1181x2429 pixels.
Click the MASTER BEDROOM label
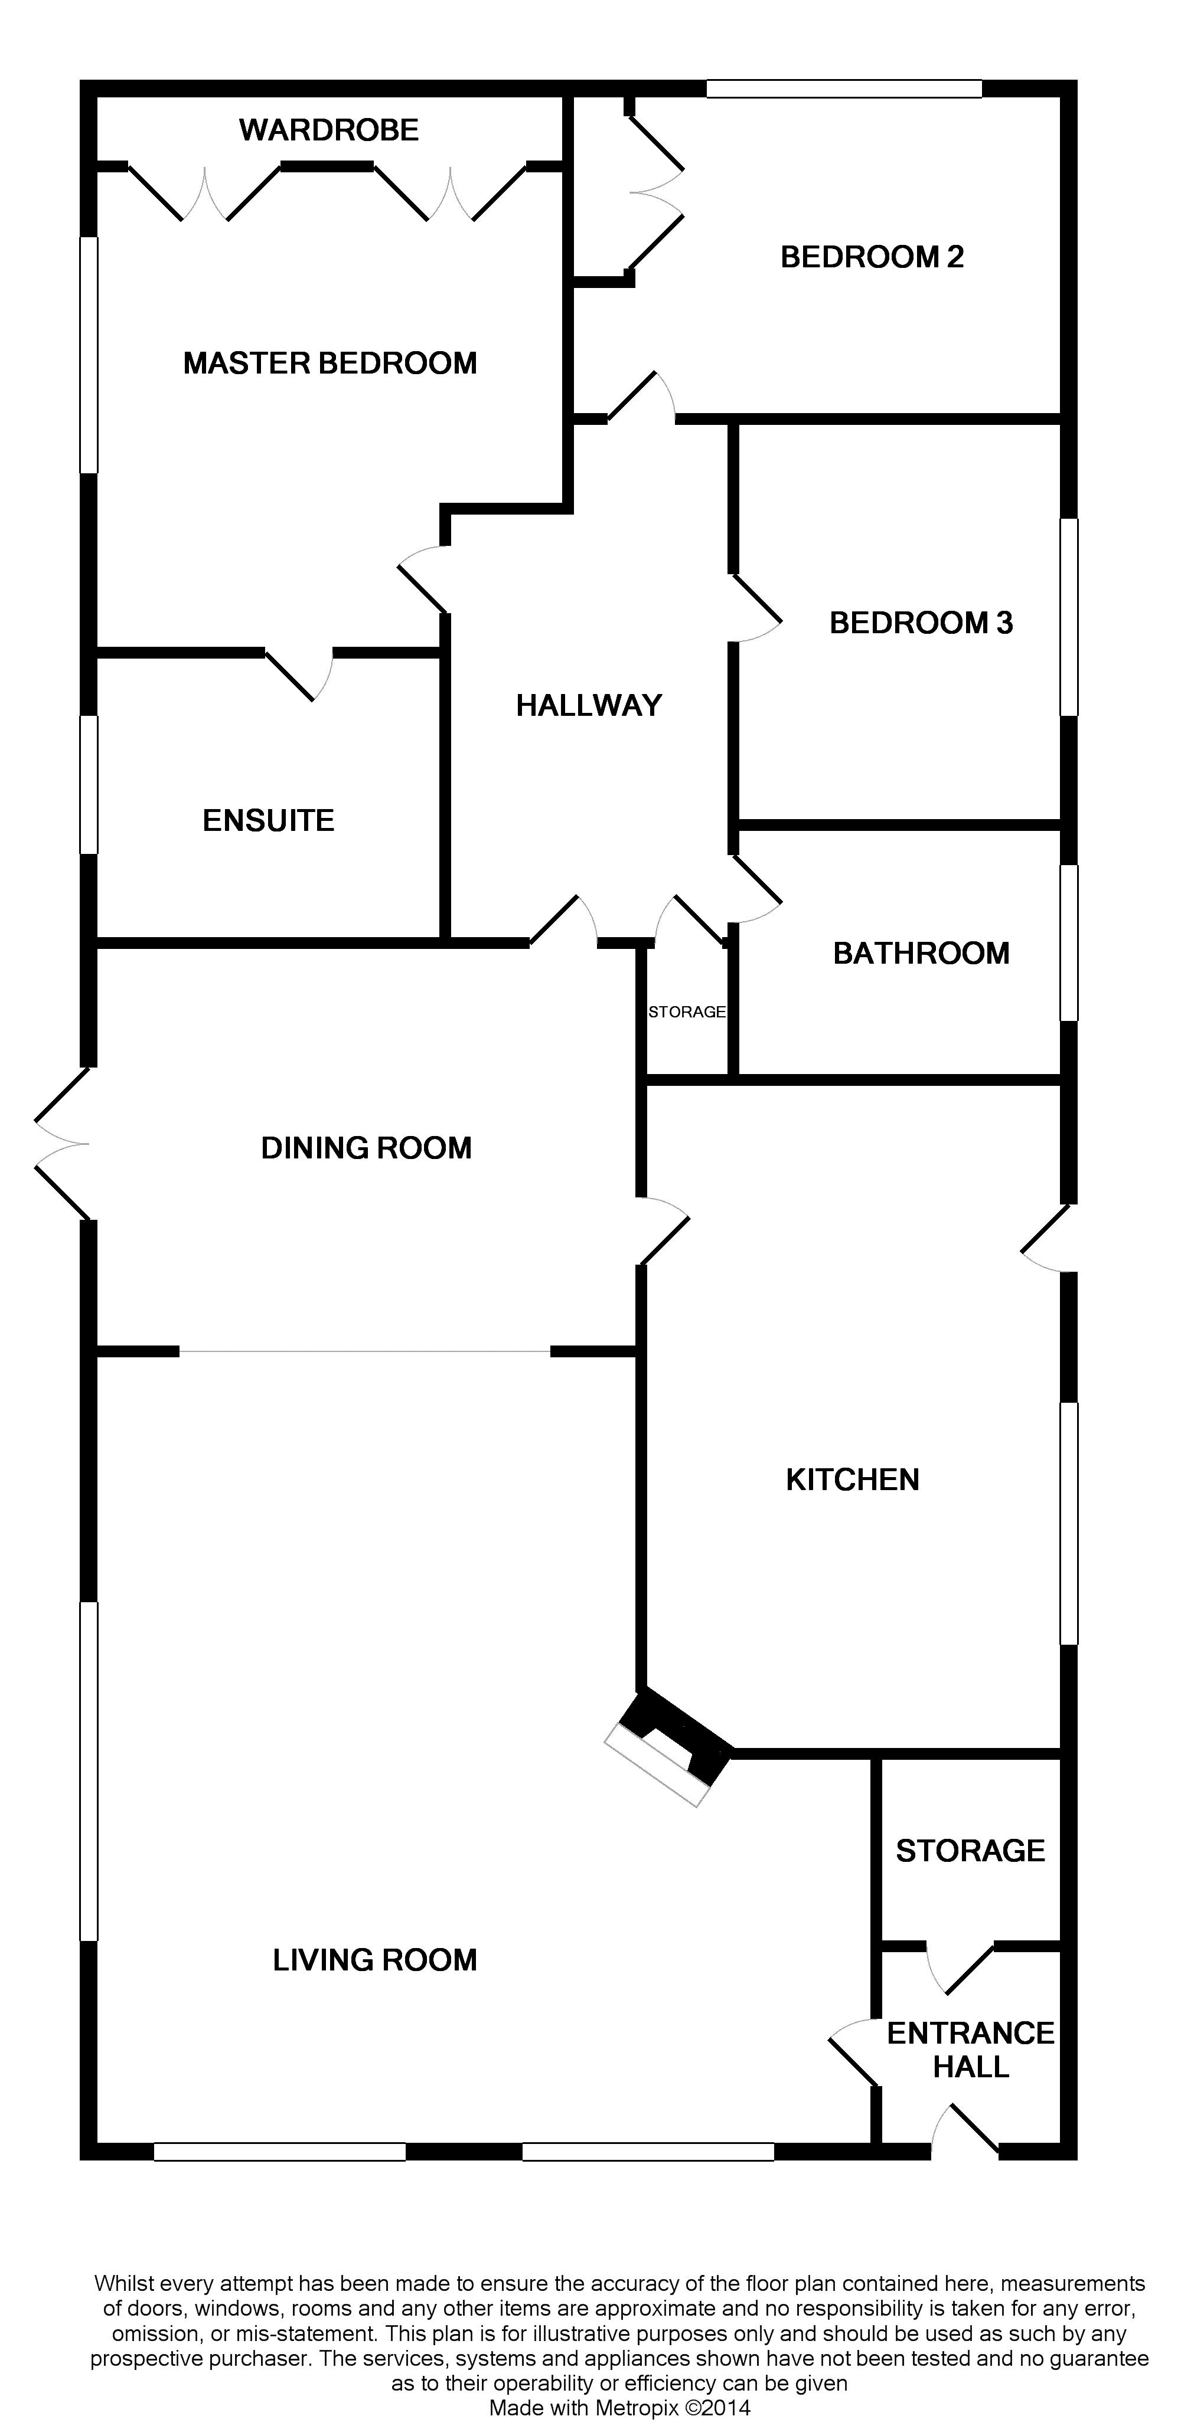(330, 363)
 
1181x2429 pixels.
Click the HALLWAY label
(589, 705)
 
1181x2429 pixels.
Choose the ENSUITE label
(269, 820)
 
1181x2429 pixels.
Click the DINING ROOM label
(367, 1148)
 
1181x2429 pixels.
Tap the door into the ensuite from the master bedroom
(299, 674)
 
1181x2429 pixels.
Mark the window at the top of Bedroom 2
(844, 89)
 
